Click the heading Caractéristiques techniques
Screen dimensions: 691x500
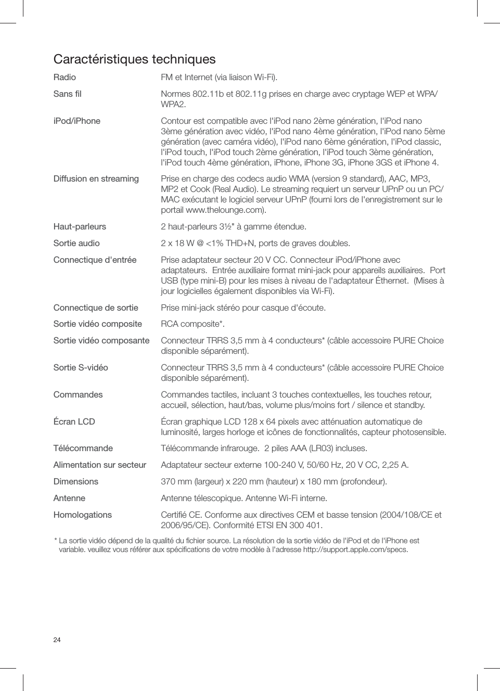click(134, 59)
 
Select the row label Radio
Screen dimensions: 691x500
click(65, 78)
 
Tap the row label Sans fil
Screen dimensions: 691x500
click(67, 94)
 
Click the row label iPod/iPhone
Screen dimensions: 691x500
click(76, 121)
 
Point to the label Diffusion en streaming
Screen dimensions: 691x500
click(96, 179)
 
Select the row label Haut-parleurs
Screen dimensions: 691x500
click(80, 227)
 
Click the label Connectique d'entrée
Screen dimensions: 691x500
click(95, 260)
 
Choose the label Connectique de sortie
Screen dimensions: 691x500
click(96, 308)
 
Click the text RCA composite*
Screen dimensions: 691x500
click(193, 324)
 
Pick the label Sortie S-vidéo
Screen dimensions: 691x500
click(81, 368)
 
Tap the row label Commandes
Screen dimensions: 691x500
click(78, 395)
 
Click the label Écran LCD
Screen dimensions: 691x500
click(74, 422)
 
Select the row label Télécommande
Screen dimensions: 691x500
click(83, 449)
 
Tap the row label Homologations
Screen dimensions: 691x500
click(82, 515)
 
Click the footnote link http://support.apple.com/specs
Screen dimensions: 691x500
click(355, 549)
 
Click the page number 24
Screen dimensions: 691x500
click(57, 640)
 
